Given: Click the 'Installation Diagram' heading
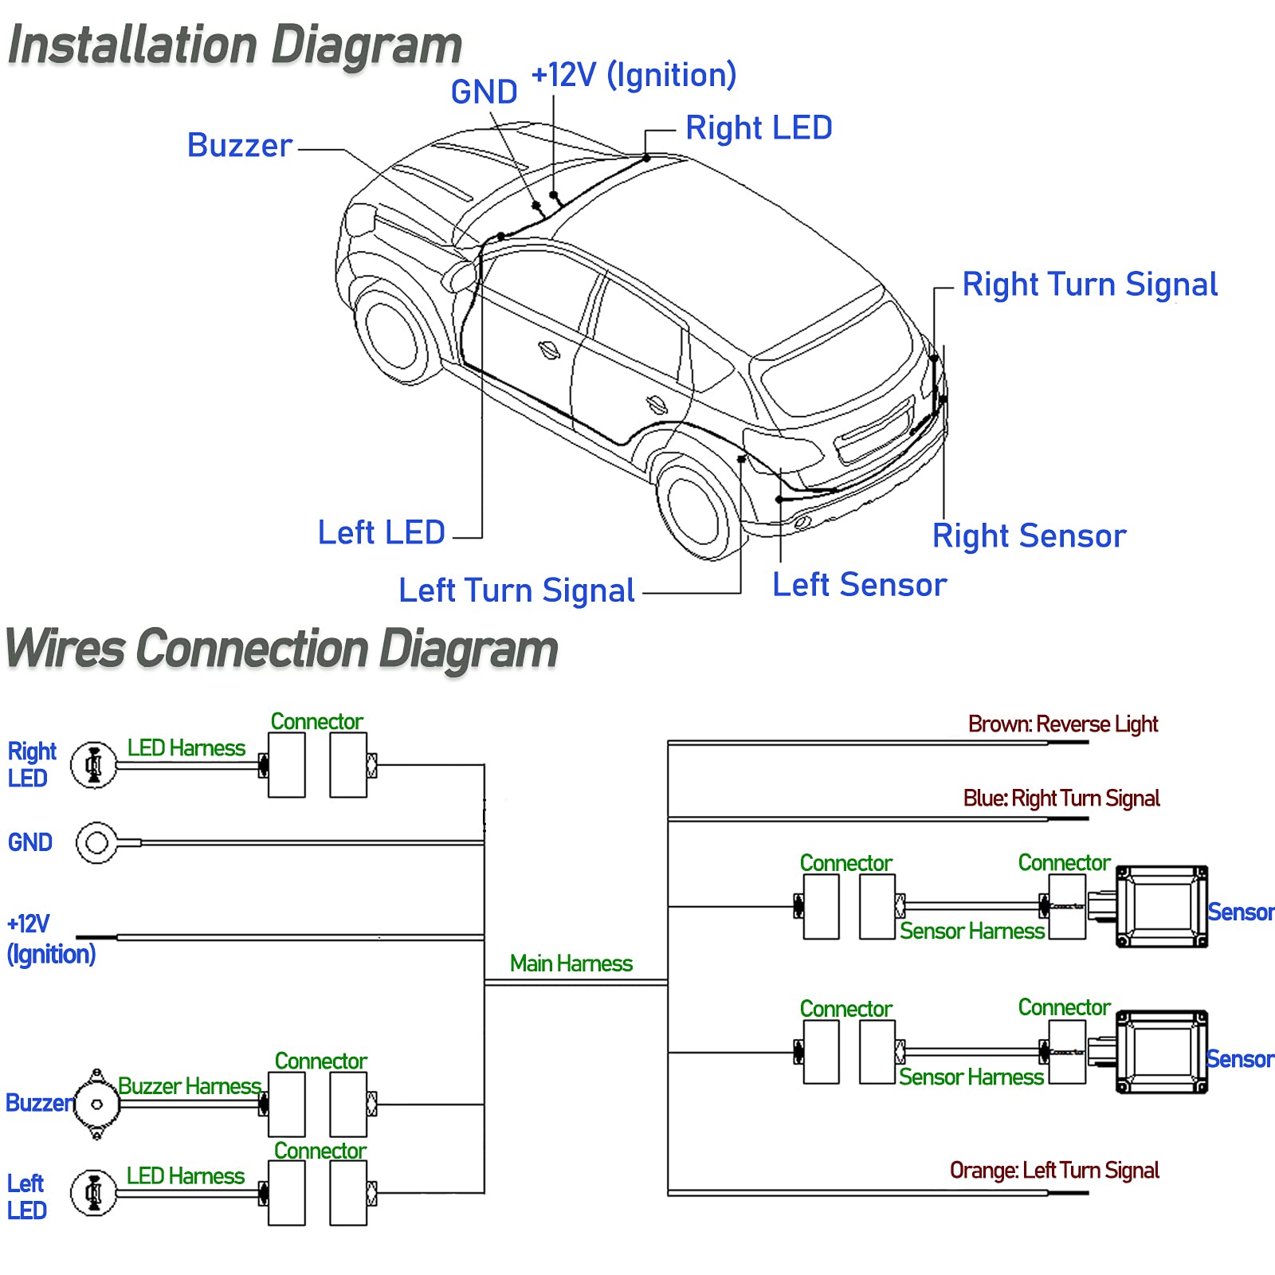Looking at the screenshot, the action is click(x=235, y=45).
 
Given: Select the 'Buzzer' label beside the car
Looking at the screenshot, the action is click(x=240, y=145).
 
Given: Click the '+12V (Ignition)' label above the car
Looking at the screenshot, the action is click(x=634, y=75).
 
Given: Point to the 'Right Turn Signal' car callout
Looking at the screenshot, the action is click(x=1090, y=284).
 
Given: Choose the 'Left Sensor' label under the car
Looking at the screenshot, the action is click(x=860, y=584).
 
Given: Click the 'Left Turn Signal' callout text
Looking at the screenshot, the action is click(x=516, y=590).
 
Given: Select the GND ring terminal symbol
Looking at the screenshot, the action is click(x=97, y=842).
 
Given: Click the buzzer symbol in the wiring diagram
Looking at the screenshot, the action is click(x=96, y=1104).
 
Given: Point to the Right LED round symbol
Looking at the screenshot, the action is click(x=94, y=766).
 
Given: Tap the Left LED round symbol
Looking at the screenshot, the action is click(x=94, y=1193).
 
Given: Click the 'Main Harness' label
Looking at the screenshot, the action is click(x=571, y=963).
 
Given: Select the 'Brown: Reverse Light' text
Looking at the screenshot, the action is click(x=1063, y=724).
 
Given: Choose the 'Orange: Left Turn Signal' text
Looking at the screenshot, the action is click(x=1054, y=1170).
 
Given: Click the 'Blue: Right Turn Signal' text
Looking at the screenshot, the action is click(x=1061, y=798).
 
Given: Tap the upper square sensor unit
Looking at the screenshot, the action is click(x=1162, y=907).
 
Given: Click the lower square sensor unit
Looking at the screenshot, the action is click(x=1162, y=1052).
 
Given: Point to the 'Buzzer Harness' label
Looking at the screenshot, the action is click(x=190, y=1086).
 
